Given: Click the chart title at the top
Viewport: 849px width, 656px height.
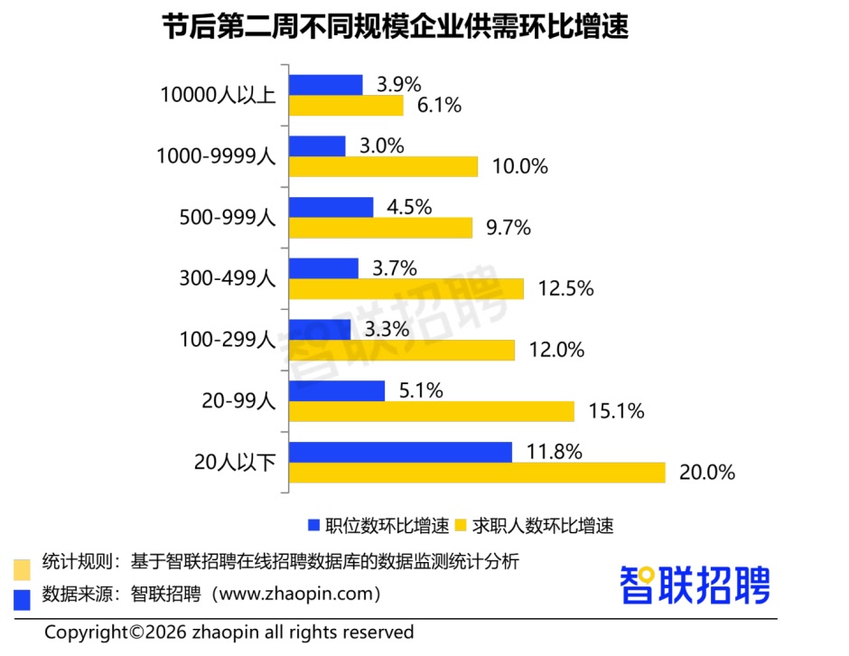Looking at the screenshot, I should tap(395, 28).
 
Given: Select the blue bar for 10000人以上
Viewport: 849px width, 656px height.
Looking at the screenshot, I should tap(325, 85).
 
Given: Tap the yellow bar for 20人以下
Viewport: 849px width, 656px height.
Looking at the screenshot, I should tap(477, 473).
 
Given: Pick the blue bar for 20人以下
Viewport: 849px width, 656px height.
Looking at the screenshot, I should tap(400, 452).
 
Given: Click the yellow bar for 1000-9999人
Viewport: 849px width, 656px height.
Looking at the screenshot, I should tap(383, 166).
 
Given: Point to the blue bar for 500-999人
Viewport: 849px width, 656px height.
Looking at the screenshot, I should tap(331, 207).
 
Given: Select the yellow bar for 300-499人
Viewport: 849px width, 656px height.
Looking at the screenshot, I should tap(406, 289).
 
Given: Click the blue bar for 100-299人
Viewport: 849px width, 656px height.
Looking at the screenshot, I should tap(320, 330).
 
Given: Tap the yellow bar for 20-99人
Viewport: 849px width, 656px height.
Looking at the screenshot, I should tap(431, 411).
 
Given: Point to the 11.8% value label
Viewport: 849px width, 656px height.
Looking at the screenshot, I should tap(553, 452).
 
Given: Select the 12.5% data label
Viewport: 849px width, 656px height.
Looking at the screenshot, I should tap(565, 289).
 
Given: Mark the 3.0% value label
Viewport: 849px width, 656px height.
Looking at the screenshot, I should tap(381, 146).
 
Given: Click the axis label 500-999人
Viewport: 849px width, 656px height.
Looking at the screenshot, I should tap(228, 217).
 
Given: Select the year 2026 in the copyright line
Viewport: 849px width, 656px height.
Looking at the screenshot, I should tap(165, 632).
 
